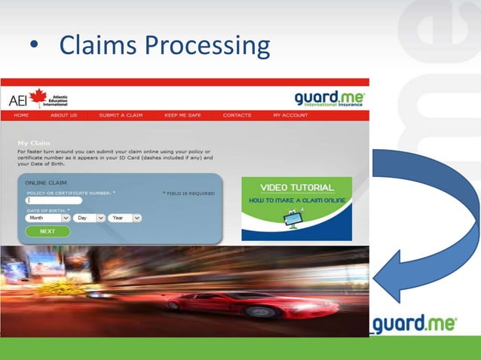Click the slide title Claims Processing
164,46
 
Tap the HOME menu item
21,115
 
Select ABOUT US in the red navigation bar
64,115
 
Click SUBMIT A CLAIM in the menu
121,115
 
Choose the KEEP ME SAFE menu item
182,115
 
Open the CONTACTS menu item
237,115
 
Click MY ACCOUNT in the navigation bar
290,115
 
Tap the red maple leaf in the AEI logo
37,98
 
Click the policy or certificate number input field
54,200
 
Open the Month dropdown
47,218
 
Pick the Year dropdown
124,218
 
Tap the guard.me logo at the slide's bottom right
415,324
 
